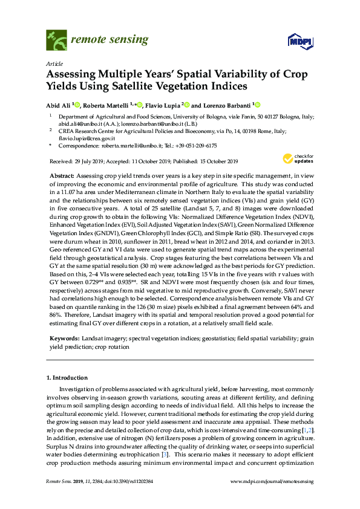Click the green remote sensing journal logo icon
click(56, 41)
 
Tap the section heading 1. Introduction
click(67, 378)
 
